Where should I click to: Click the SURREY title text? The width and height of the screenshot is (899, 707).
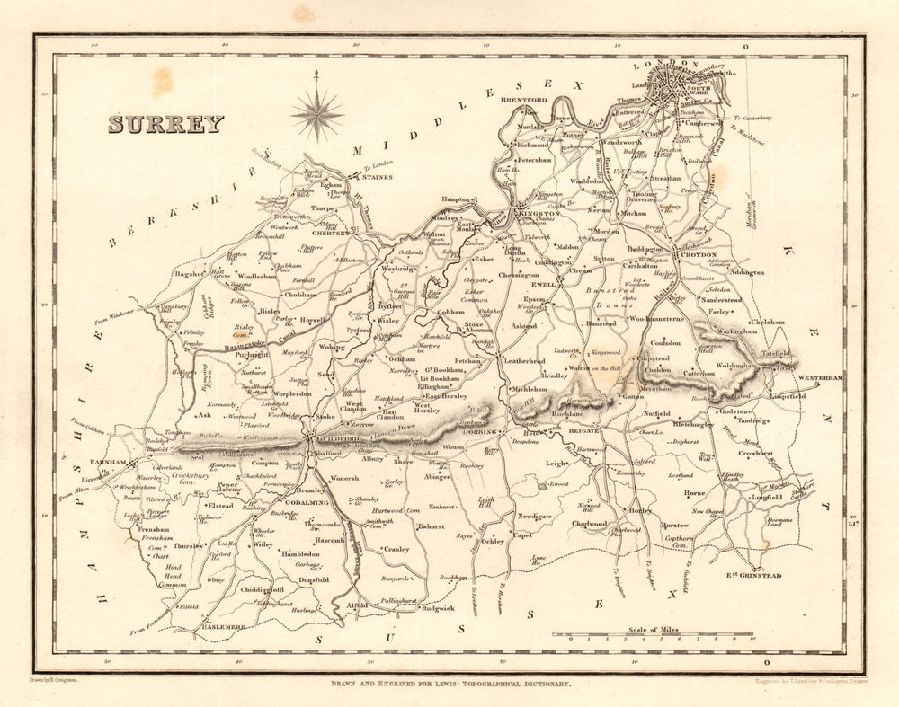click(165, 124)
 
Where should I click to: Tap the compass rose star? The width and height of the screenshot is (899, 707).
click(316, 114)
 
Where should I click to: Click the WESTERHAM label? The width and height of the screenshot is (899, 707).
click(821, 378)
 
